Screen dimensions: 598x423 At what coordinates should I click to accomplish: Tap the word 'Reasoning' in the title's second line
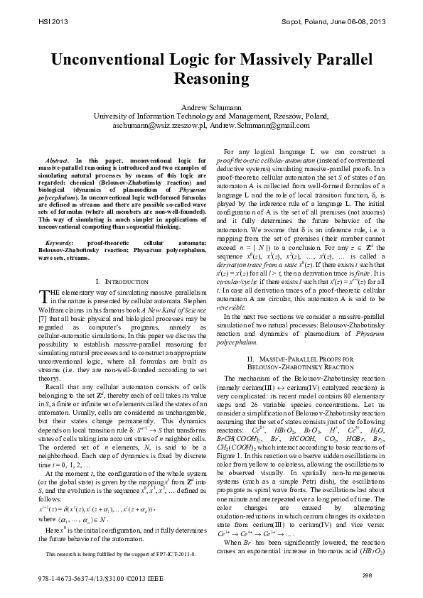click(211, 77)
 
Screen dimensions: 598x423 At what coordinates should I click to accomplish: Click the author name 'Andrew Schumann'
click(211, 107)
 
